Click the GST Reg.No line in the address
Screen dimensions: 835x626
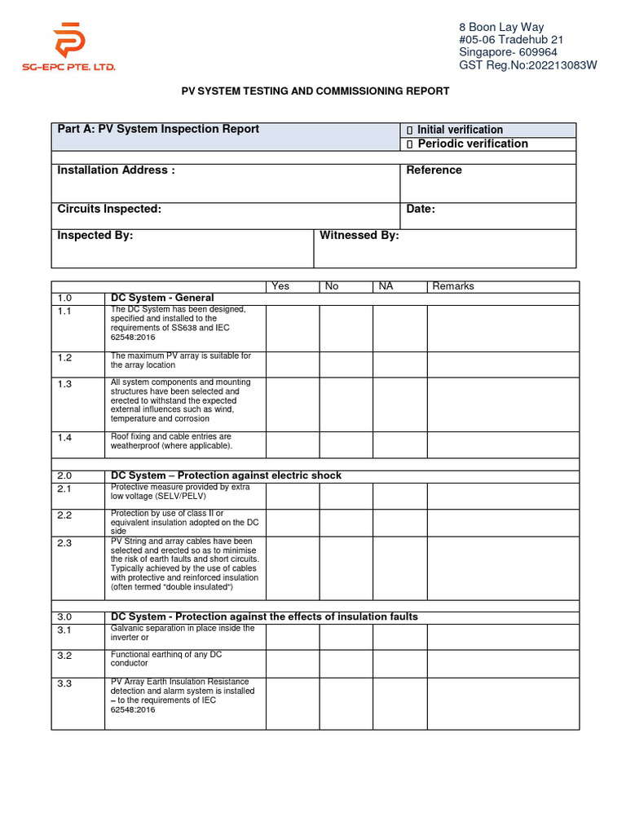click(x=528, y=65)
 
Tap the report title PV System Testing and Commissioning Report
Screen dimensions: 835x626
click(x=315, y=91)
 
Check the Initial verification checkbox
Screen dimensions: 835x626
click(x=410, y=130)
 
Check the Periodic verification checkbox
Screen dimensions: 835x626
click(x=410, y=144)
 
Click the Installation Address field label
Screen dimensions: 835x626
click(x=116, y=170)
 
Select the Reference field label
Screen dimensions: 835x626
click(x=434, y=170)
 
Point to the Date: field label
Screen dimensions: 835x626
click(x=421, y=210)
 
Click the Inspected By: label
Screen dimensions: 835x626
click(x=95, y=236)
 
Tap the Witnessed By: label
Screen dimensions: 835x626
click(x=359, y=236)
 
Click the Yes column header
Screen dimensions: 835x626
click(x=280, y=286)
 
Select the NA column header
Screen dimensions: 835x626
click(x=385, y=286)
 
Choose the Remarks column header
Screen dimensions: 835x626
click(x=452, y=286)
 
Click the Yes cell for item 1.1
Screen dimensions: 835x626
click(x=292, y=327)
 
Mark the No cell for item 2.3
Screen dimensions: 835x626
click(x=346, y=568)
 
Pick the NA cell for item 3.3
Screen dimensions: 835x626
click(x=399, y=703)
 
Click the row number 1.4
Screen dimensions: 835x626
click(x=65, y=438)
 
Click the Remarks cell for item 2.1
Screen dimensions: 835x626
click(x=503, y=495)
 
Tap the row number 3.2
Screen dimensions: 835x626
click(x=65, y=656)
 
